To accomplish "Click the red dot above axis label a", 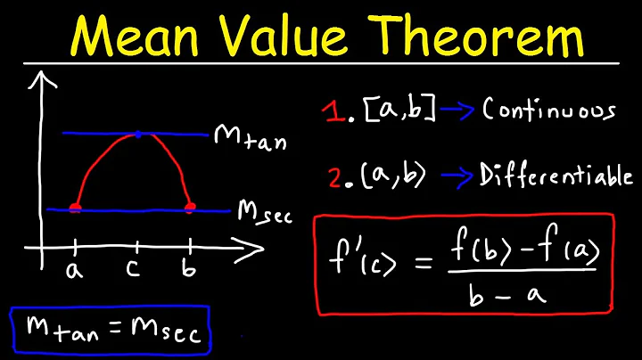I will tap(75, 209).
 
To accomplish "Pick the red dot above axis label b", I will tap(189, 209).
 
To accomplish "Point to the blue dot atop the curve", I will tap(137, 135).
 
